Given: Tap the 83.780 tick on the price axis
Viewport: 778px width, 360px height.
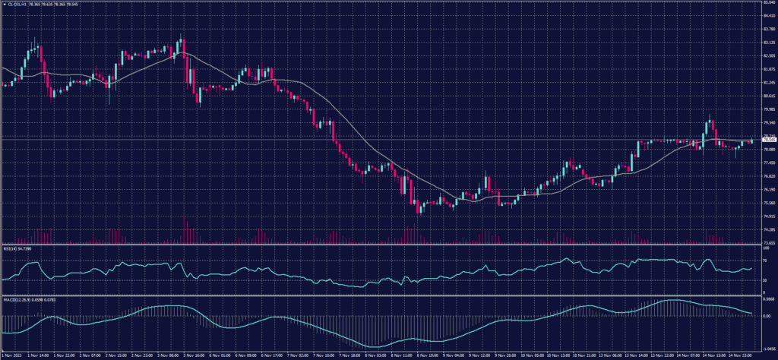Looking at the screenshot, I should point(769,29).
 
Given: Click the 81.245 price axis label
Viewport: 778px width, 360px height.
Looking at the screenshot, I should point(769,82).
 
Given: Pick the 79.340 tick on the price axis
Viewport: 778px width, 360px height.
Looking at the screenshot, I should point(769,122).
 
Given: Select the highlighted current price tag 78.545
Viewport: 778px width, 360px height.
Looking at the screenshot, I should point(769,140).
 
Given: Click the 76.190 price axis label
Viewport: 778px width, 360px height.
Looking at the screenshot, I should point(769,189).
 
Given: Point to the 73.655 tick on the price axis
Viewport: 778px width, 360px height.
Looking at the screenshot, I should point(769,243).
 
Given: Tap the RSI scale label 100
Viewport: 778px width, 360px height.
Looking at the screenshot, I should point(766,248).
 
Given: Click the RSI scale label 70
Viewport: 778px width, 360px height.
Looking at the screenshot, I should point(765,260).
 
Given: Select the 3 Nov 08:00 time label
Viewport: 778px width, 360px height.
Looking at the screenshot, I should point(167,354).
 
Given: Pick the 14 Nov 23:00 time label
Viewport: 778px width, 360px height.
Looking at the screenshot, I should point(740,354).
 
